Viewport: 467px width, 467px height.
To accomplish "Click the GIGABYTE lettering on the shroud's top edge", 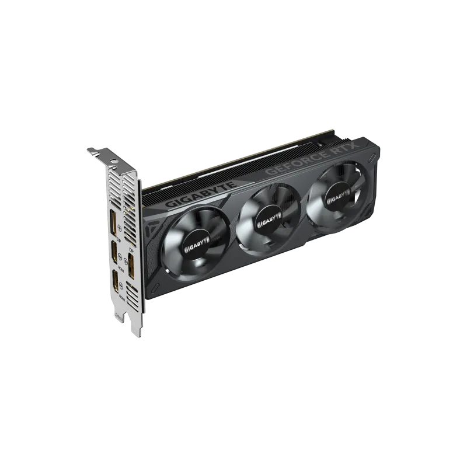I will (x=201, y=195).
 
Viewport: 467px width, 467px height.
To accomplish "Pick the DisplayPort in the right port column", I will (x=131, y=267).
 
